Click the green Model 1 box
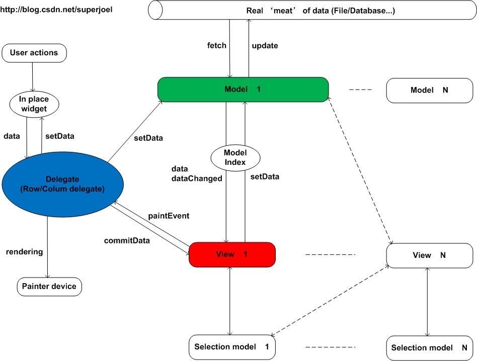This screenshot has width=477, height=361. (x=243, y=89)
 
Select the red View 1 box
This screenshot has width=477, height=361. (x=232, y=254)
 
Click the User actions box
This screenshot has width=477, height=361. (x=34, y=53)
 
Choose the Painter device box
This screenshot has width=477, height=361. (x=49, y=287)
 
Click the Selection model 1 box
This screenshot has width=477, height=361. (x=232, y=347)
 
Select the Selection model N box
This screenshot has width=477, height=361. (x=429, y=348)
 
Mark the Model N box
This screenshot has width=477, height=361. (x=429, y=90)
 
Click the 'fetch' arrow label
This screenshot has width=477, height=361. (x=217, y=46)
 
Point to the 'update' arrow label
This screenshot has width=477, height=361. (x=265, y=46)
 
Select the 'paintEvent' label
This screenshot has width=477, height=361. (x=169, y=216)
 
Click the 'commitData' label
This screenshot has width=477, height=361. (x=127, y=240)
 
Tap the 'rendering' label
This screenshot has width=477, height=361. (x=24, y=251)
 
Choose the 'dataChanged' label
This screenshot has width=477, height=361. (x=197, y=178)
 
